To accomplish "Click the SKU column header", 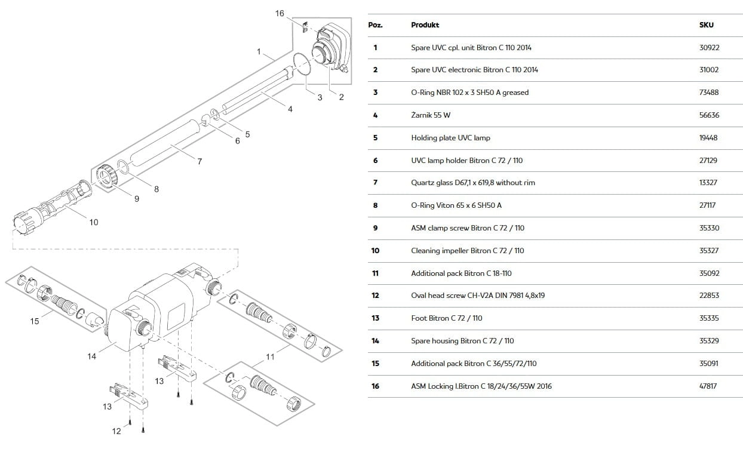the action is click(x=706, y=25).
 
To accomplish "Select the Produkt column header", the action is click(x=425, y=25).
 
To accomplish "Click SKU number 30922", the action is click(x=709, y=47).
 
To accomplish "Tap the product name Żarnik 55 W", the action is click(x=431, y=115).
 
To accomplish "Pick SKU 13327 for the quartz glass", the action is click(x=708, y=182).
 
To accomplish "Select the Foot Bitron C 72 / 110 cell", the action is click(x=447, y=318).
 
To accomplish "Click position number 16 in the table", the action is click(x=375, y=386).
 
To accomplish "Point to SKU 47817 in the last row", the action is click(x=708, y=386).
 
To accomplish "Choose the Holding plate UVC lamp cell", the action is click(x=450, y=137).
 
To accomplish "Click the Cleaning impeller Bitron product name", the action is click(x=467, y=250).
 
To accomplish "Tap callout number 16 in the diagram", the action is click(x=280, y=13).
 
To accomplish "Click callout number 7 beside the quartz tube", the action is click(x=199, y=161).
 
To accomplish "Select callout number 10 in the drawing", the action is click(x=94, y=222).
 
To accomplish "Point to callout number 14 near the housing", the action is click(x=91, y=356).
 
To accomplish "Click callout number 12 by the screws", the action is click(x=116, y=431).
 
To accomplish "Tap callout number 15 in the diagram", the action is click(x=35, y=321).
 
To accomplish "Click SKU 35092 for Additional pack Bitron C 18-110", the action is click(x=709, y=273).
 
